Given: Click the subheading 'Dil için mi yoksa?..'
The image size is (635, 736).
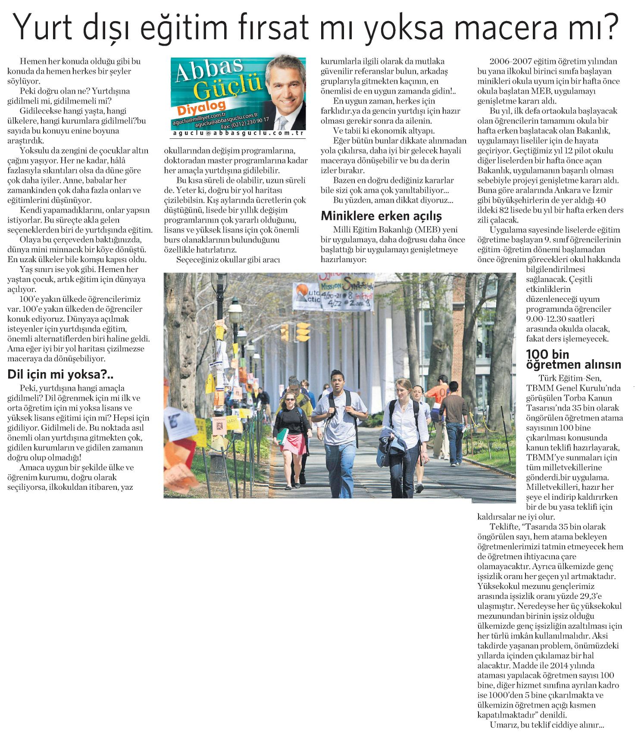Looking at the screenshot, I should pyautogui.click(x=60, y=375).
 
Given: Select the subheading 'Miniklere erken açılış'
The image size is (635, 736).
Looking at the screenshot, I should pyautogui.click(x=382, y=215).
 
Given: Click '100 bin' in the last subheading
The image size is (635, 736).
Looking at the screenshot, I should pyautogui.click(x=547, y=354).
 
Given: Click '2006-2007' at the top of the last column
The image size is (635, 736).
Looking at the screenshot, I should pyautogui.click(x=507, y=62).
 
